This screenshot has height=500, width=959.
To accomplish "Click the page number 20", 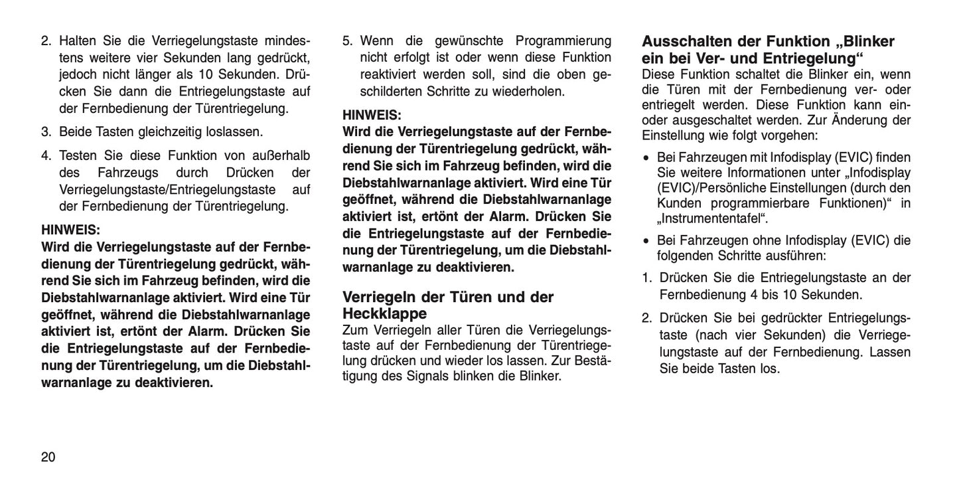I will (x=48, y=457).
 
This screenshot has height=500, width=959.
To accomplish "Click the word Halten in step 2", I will (x=80, y=41).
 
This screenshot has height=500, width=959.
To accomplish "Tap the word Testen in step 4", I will (x=78, y=155).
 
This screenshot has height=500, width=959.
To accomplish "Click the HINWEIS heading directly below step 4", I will (x=70, y=230).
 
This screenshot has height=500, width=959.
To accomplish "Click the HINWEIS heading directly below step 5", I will (x=372, y=115).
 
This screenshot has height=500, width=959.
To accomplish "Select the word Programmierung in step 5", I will (x=563, y=41).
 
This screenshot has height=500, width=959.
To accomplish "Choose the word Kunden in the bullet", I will (x=679, y=203).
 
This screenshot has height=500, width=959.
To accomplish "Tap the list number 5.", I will (x=347, y=41).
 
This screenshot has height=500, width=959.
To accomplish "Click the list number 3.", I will (x=46, y=131).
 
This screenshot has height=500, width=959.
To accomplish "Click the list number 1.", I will (x=646, y=278).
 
